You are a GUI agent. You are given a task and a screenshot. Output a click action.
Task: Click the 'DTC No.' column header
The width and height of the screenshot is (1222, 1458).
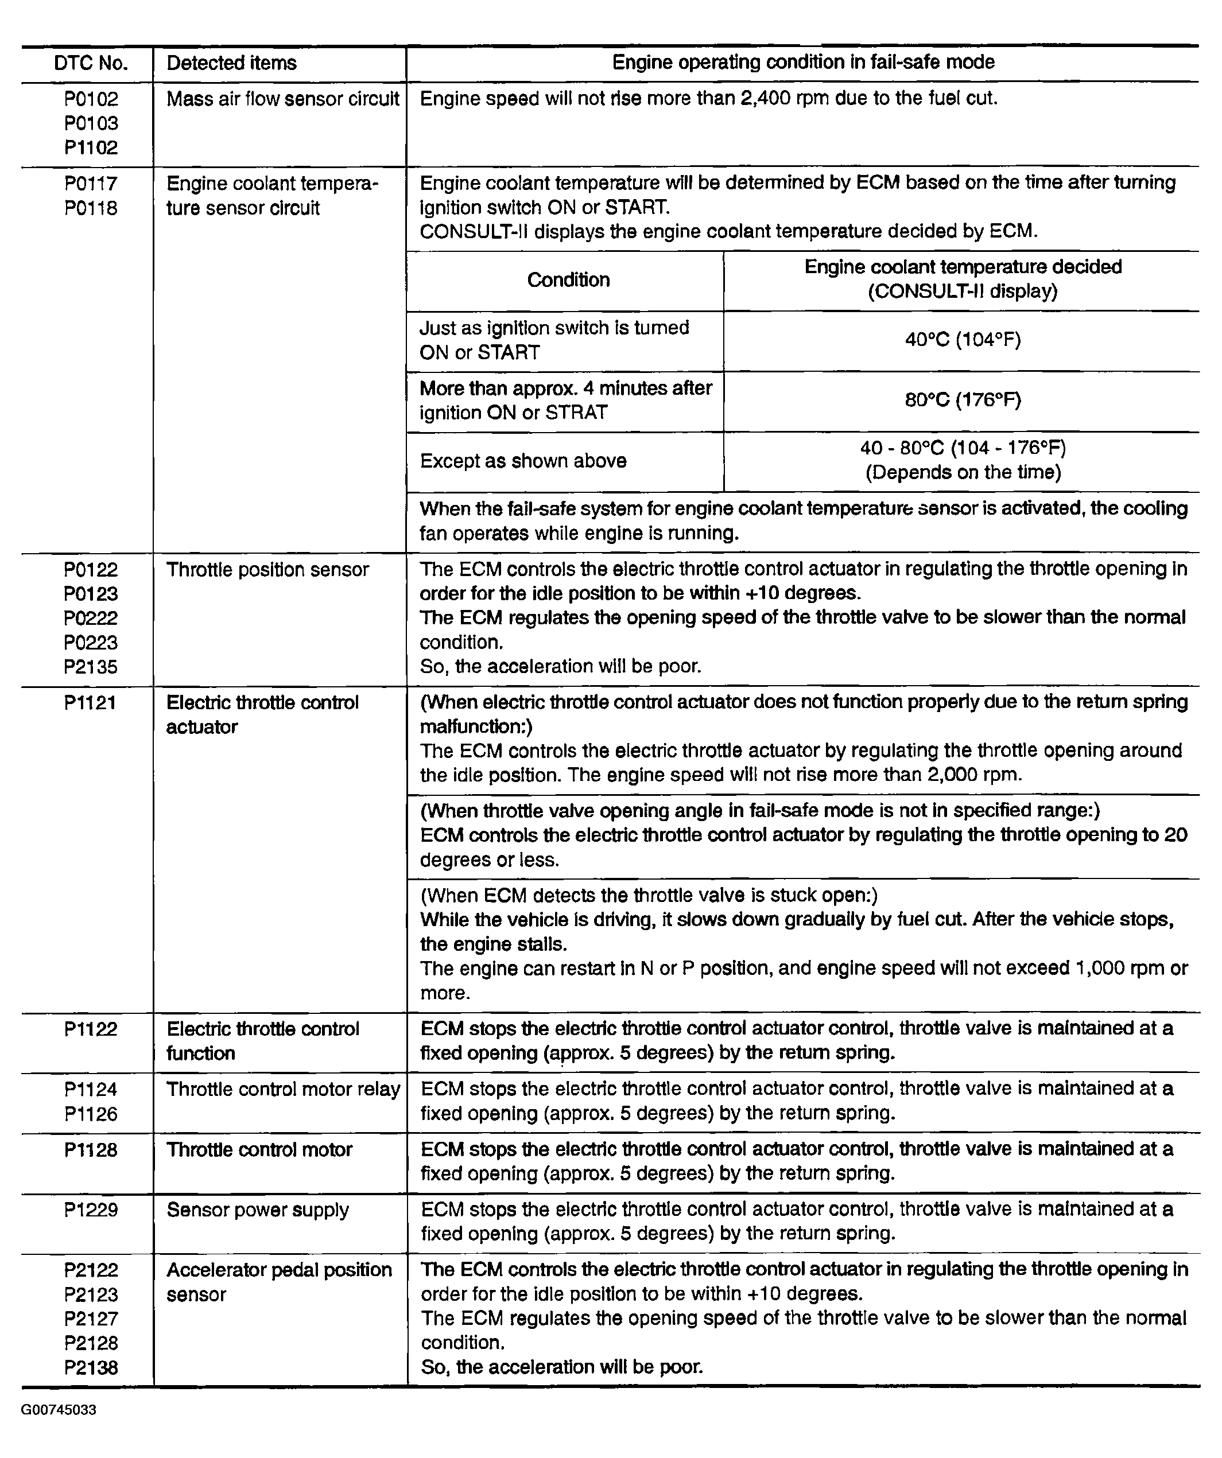pos(91,63)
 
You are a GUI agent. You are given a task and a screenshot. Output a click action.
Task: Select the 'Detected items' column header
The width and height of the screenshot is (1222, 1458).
pos(231,63)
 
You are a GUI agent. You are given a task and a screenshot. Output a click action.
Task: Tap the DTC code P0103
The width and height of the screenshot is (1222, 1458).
pos(91,123)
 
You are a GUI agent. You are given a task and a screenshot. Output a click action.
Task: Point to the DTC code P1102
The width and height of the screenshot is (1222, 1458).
pos(91,147)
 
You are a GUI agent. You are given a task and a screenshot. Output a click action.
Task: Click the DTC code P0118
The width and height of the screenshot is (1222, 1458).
pos(91,208)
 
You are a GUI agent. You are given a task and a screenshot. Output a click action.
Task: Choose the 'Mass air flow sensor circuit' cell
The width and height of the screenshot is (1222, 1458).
pos(282,99)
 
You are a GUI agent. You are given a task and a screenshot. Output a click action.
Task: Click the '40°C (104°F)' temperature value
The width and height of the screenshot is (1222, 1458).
pos(963,340)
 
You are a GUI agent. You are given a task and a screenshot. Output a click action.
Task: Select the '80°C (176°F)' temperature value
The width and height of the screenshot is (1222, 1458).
pos(963,401)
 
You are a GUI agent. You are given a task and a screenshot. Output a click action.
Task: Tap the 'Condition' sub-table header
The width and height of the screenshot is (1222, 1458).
pos(568,280)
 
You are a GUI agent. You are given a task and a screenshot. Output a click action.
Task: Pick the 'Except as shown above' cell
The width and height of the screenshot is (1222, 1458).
pos(523,461)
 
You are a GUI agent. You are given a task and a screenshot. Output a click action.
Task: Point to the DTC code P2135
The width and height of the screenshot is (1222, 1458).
pos(91,667)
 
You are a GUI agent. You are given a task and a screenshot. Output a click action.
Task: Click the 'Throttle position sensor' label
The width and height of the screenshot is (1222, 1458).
pos(267,569)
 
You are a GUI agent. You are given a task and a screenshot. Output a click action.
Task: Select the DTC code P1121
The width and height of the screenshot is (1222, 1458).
pos(91,703)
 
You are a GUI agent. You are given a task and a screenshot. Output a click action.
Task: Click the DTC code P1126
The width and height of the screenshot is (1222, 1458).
pos(91,1114)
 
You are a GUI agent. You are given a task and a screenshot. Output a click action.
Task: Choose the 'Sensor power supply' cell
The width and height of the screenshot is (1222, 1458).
pos(258,1210)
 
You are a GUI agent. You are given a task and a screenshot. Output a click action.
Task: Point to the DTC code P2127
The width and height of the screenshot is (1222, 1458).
pos(91,1319)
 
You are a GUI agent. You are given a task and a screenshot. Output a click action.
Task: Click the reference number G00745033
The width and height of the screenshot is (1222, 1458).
pos(59,1410)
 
